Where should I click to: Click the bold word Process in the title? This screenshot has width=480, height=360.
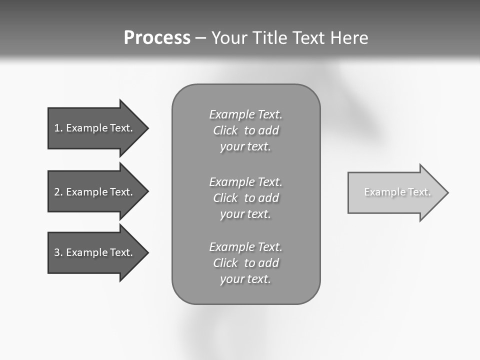click(157, 38)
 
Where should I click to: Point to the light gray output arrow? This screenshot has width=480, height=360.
click(395, 192)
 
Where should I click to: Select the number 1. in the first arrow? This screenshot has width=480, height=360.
click(58, 128)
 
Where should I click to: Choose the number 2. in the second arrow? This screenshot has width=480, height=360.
click(58, 192)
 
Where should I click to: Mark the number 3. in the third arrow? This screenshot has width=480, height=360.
click(58, 252)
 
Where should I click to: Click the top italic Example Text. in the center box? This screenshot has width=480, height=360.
click(245, 114)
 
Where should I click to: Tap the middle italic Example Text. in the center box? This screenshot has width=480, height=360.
click(245, 182)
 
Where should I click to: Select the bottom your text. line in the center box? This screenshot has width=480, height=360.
click(245, 279)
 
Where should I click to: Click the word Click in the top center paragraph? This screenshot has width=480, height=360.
click(225, 130)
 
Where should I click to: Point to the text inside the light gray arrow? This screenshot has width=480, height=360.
click(397, 192)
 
